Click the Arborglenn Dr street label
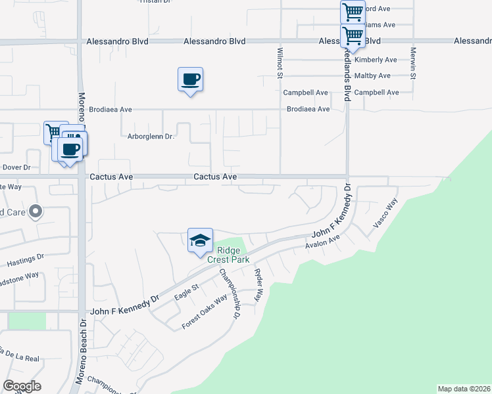pyautogui.click(x=150, y=137)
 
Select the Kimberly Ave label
pyautogui.click(x=376, y=60)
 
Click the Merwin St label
pyautogui.click(x=413, y=63)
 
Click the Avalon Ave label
pyautogui.click(x=322, y=246)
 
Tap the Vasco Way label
pyautogui.click(x=385, y=214)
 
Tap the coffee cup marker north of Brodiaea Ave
pyautogui.click(x=190, y=80)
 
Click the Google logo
pyautogui.click(x=22, y=386)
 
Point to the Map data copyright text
pyautogui.click(x=464, y=389)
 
